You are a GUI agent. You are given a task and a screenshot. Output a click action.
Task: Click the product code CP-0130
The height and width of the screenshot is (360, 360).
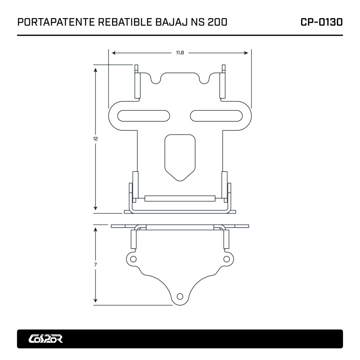(322, 22)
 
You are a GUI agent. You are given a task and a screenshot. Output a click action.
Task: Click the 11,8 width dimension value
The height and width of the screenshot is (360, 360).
(180, 53)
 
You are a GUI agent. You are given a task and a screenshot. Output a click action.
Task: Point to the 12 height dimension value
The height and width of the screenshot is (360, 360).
(96, 139)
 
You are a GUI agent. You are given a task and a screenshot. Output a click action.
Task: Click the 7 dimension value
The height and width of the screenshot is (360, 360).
(96, 265)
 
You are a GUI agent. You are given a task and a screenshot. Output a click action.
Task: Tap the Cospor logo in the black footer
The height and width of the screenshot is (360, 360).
(46, 338)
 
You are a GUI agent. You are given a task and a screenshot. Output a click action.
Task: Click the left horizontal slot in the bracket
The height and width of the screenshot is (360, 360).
(144, 116)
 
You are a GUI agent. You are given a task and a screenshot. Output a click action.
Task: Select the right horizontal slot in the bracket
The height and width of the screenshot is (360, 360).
(216, 116)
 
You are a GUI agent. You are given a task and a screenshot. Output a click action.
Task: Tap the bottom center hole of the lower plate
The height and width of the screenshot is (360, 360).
(180, 297)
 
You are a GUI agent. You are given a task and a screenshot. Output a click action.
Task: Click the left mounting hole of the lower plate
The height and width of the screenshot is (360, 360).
(133, 259)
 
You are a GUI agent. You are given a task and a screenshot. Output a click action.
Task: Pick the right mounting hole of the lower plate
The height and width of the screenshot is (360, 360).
(227, 259)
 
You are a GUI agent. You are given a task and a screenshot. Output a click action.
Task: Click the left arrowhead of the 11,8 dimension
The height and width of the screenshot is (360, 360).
(113, 53)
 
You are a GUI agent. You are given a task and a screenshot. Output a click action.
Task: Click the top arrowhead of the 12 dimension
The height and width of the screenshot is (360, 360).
(96, 70)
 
